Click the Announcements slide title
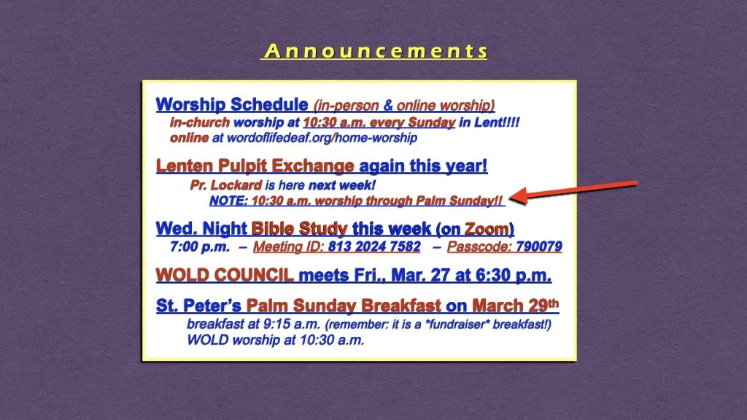[x=374, y=51]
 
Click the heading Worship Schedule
[x=231, y=105]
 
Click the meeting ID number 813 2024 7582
[x=374, y=246]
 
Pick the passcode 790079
[x=538, y=246]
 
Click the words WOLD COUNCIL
[x=225, y=276]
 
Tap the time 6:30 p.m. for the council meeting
[x=517, y=276]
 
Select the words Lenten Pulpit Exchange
[x=256, y=166]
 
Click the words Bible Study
[x=299, y=229]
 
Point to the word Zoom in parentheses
[x=487, y=229]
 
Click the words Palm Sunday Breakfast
[x=344, y=306]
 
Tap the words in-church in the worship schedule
[x=200, y=122]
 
